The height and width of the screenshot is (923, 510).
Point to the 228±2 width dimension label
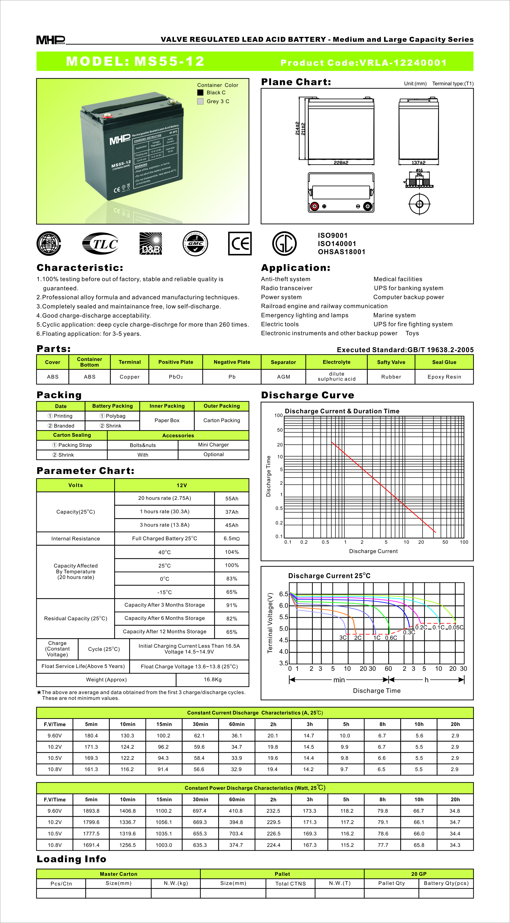point(341,163)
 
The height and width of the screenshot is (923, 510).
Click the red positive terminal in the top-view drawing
point(314,206)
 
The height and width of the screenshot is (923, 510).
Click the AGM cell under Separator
point(283,377)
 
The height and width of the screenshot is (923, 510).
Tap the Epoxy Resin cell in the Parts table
point(444,377)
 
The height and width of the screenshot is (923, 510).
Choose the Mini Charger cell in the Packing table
point(213,445)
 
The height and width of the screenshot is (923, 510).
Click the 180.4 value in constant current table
point(91,736)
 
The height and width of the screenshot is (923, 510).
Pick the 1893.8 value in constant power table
point(91,811)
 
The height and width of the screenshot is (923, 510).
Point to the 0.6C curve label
point(391,638)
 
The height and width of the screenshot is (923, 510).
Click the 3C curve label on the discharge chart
point(343,638)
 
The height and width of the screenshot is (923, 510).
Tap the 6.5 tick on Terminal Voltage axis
point(284,594)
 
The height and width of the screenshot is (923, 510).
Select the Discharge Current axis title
point(373,551)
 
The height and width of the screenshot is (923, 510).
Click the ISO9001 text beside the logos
point(333,235)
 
